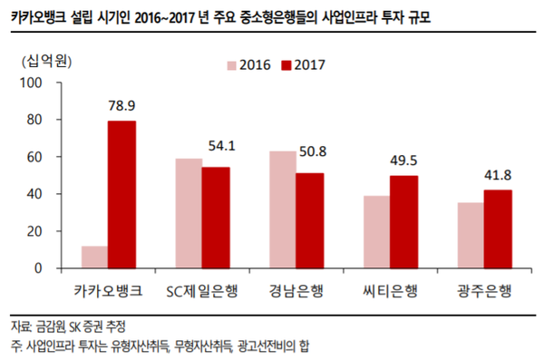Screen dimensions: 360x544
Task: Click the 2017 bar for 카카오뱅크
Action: [x=121, y=194]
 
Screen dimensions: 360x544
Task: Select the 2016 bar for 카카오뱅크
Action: [x=94, y=257]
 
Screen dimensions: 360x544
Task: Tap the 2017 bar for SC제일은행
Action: [x=215, y=218]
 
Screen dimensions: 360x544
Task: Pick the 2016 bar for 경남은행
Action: [x=283, y=209]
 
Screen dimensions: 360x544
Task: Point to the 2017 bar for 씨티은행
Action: [x=403, y=222]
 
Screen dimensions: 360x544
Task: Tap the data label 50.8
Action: [x=309, y=151]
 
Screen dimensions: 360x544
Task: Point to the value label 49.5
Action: [x=403, y=161]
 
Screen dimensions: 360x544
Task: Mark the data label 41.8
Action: [x=498, y=174]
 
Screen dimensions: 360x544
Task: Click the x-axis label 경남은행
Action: [x=296, y=291]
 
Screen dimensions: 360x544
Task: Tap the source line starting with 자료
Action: [x=67, y=326]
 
